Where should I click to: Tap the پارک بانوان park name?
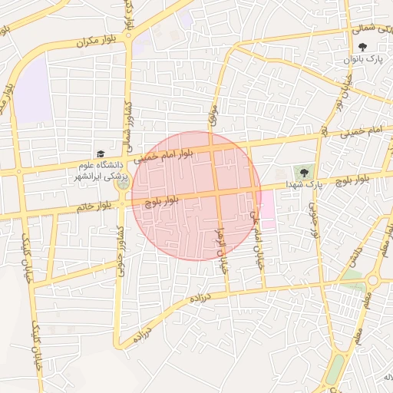click(x=363, y=59)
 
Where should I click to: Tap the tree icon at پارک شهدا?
click(x=304, y=171)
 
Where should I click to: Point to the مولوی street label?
click(x=213, y=115)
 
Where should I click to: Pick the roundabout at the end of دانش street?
click(x=373, y=280)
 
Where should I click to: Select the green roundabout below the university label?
click(x=123, y=183)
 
